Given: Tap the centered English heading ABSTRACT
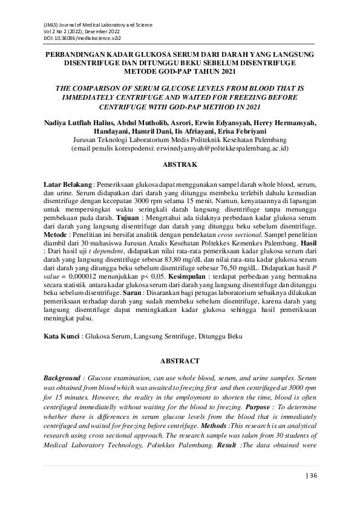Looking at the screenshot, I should [180, 361].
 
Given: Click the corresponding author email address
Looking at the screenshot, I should [226, 147].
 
